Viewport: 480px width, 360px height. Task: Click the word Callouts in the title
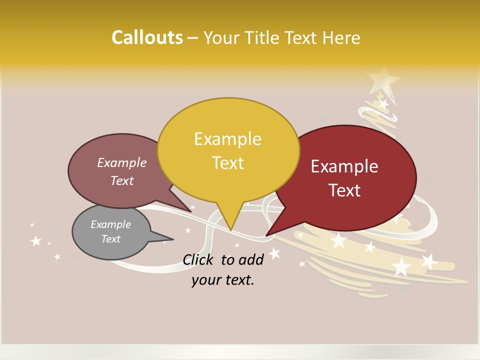pos(147,37)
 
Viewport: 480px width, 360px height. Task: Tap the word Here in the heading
pos(341,37)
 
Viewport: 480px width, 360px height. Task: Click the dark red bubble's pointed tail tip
pos(267,234)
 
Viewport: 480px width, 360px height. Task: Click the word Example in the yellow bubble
pos(227,139)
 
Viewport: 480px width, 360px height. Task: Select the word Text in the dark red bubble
pos(345,190)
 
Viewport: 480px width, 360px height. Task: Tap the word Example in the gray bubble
pos(110,224)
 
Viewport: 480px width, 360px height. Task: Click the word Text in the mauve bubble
pos(122,180)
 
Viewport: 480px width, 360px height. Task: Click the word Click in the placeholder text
pos(199,259)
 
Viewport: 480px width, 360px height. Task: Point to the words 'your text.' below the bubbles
pos(222,280)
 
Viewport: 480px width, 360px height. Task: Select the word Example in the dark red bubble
pos(344,166)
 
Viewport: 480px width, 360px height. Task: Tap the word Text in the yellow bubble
pos(228,163)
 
